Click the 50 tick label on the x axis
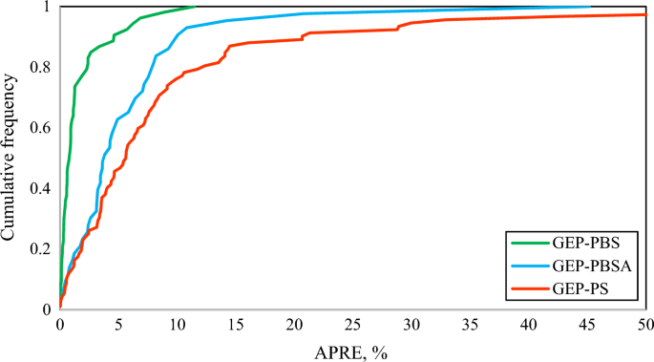point(645,326)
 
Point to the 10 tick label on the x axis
point(178,326)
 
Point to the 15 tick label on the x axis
point(236,326)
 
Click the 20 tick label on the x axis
point(294,326)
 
